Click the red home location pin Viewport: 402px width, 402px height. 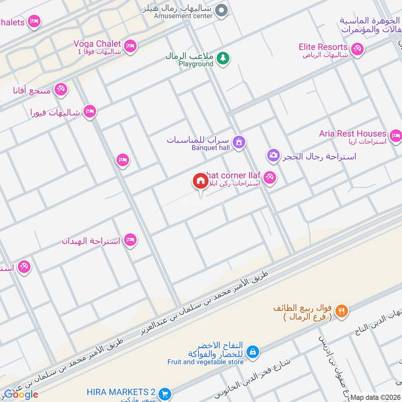200,181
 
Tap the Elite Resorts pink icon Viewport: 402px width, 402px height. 357,49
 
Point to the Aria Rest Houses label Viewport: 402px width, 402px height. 352,134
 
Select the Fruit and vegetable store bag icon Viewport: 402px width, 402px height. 254,351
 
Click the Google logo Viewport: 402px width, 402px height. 21,394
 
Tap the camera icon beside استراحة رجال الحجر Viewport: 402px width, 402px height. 273,155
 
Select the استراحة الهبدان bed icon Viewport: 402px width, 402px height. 130,240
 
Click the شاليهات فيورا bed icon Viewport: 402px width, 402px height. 90,112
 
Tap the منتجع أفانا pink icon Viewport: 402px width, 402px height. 60,89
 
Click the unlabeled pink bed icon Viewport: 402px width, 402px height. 122,160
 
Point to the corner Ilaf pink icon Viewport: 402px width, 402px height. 269,177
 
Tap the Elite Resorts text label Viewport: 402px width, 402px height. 322,47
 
